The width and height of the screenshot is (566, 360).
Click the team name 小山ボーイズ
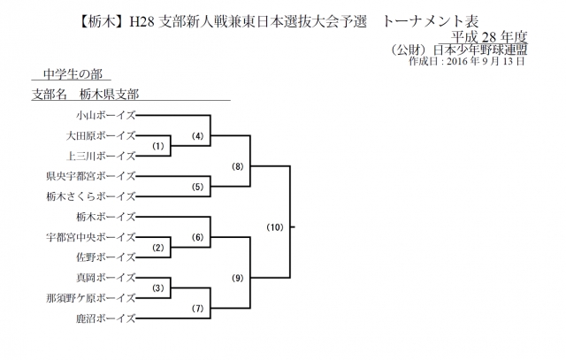coord(104,115)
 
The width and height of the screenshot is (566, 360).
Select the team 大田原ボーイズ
coord(100,135)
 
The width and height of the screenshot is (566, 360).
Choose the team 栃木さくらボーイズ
coord(91,196)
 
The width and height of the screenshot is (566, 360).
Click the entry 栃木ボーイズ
coord(104,217)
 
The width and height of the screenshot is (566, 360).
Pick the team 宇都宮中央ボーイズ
coord(91,237)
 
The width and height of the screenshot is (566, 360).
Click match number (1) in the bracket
coord(157,146)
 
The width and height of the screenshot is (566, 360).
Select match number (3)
coord(157,288)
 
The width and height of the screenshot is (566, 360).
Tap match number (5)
coord(198,187)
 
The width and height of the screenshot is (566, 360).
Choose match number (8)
coord(237,166)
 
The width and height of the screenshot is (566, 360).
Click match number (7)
coord(198,309)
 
